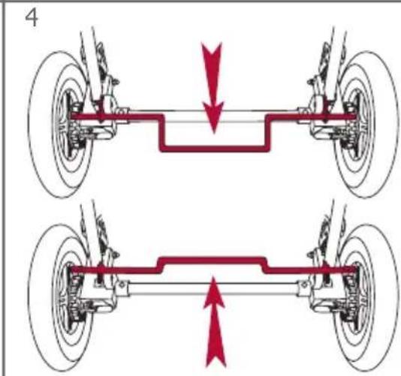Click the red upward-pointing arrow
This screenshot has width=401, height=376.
tap(215, 322)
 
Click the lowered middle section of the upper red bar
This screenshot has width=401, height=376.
tap(214, 149)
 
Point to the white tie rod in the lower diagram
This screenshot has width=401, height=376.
tap(213, 289)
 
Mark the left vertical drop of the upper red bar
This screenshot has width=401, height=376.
tap(162, 133)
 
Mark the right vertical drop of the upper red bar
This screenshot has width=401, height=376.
tap(267, 133)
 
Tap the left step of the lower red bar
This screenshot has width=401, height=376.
tap(160, 266)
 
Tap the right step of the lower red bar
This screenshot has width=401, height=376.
tap(266, 266)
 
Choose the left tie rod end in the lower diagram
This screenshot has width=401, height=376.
tap(122, 287)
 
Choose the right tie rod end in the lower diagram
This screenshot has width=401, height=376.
tap(304, 287)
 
